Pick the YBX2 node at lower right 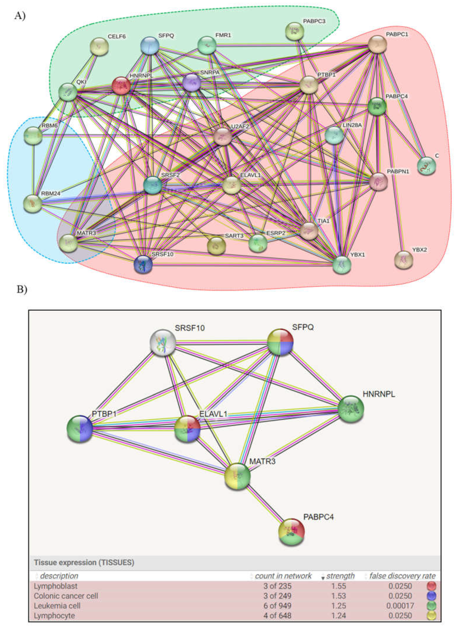[x=403, y=260]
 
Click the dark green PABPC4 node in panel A [x=377, y=106]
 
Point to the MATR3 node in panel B [x=237, y=476]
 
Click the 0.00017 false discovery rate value [x=400, y=606]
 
